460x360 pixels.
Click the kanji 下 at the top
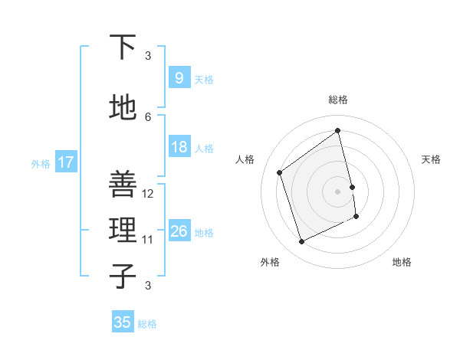(123, 47)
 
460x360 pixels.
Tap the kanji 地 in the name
(123, 108)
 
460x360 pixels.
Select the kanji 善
(123, 184)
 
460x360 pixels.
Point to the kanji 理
(123, 230)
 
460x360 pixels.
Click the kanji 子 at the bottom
(123, 276)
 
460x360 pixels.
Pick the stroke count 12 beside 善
(149, 194)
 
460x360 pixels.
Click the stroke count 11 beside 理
(149, 240)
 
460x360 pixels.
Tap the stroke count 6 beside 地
(148, 116)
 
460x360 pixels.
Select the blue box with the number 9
(179, 77)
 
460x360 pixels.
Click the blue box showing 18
(179, 147)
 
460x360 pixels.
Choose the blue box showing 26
(179, 231)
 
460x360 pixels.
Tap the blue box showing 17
(65, 162)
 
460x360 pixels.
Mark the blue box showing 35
(123, 322)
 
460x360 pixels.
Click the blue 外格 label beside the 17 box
(41, 163)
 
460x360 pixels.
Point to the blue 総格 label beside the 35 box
(147, 324)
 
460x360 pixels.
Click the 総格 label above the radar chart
(338, 100)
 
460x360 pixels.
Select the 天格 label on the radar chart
(431, 159)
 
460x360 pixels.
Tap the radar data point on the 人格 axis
(280, 172)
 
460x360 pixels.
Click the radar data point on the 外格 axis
(301, 242)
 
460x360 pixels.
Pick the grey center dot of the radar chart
(338, 191)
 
